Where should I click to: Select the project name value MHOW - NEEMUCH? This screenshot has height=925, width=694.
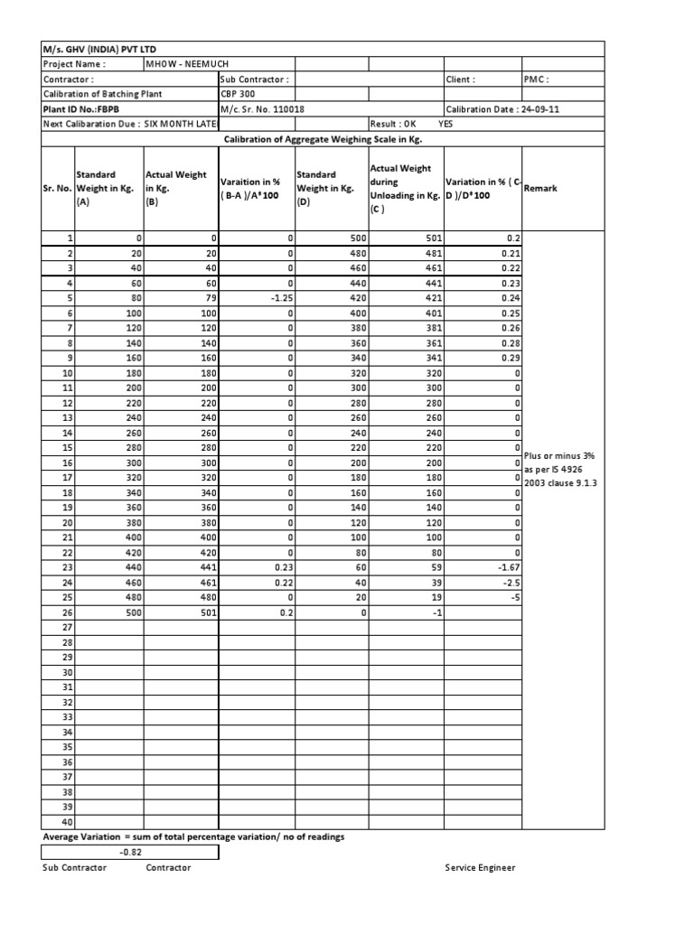(x=181, y=64)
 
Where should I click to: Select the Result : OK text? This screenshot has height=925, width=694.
(x=393, y=124)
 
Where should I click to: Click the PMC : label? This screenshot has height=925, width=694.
(x=538, y=79)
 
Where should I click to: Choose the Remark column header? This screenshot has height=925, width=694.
(x=541, y=189)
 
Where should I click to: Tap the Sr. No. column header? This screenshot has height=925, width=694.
(x=57, y=189)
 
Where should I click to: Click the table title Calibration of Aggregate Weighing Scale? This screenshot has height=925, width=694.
(x=323, y=139)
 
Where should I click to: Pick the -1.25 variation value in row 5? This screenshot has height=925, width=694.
(x=280, y=297)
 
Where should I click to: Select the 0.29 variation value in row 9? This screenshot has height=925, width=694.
(x=511, y=357)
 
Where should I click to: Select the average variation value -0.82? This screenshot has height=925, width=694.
(x=132, y=851)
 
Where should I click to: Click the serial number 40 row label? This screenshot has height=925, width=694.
(x=66, y=821)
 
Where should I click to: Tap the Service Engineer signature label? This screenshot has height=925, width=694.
(x=480, y=867)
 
